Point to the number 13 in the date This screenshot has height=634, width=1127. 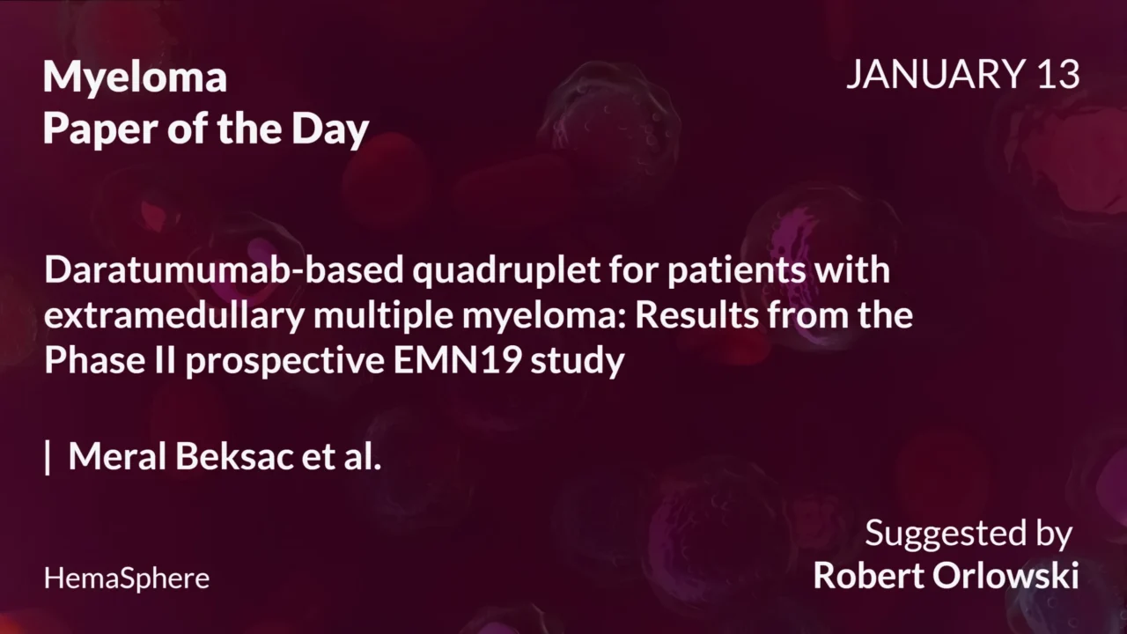(1057, 75)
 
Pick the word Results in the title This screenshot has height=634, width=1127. (696, 315)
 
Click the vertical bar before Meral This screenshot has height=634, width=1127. (48, 456)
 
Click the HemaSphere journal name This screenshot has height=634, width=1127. (127, 579)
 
